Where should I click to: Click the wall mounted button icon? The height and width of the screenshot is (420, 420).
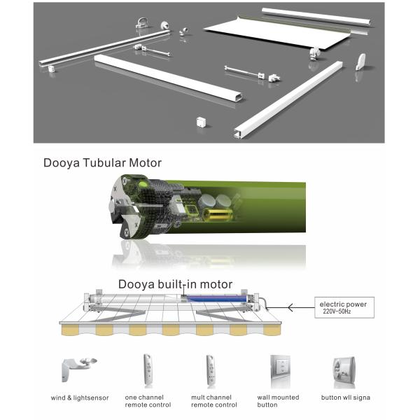(280, 367)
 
